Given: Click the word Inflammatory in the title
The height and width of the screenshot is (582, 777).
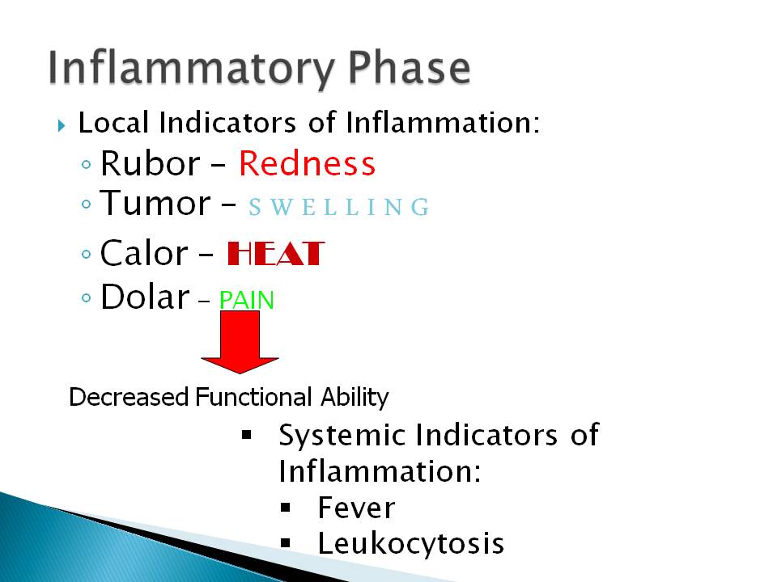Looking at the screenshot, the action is [x=191, y=70].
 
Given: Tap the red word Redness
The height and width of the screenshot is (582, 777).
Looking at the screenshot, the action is [x=308, y=163].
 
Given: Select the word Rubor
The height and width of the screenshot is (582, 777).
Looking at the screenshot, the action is [x=151, y=163].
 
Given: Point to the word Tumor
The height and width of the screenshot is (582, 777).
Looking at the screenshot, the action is [x=155, y=203].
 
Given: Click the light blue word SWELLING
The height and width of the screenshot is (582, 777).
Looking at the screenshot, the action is [x=339, y=207].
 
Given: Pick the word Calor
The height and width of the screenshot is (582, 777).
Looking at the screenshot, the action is [x=144, y=253].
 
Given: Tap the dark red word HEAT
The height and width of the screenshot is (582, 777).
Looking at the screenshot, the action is [x=275, y=253].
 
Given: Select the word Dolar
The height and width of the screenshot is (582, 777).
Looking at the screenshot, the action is [x=145, y=297].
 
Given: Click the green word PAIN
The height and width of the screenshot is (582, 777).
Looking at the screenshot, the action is [x=246, y=300].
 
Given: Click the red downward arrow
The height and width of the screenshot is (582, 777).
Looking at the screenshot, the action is [x=240, y=342].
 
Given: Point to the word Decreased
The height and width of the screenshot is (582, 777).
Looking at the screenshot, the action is [x=129, y=397].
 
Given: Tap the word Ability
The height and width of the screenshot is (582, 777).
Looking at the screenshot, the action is [x=355, y=398].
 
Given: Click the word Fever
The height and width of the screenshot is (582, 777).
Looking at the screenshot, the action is [x=356, y=508].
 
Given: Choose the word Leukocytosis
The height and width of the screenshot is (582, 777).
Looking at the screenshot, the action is [x=411, y=543].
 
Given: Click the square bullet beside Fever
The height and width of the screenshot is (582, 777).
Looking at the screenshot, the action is [x=286, y=508].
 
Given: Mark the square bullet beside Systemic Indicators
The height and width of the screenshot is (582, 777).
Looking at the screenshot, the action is [x=247, y=435].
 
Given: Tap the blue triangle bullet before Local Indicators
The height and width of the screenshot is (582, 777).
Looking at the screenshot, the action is [x=62, y=126].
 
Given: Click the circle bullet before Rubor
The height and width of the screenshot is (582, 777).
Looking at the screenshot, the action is [x=87, y=164].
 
